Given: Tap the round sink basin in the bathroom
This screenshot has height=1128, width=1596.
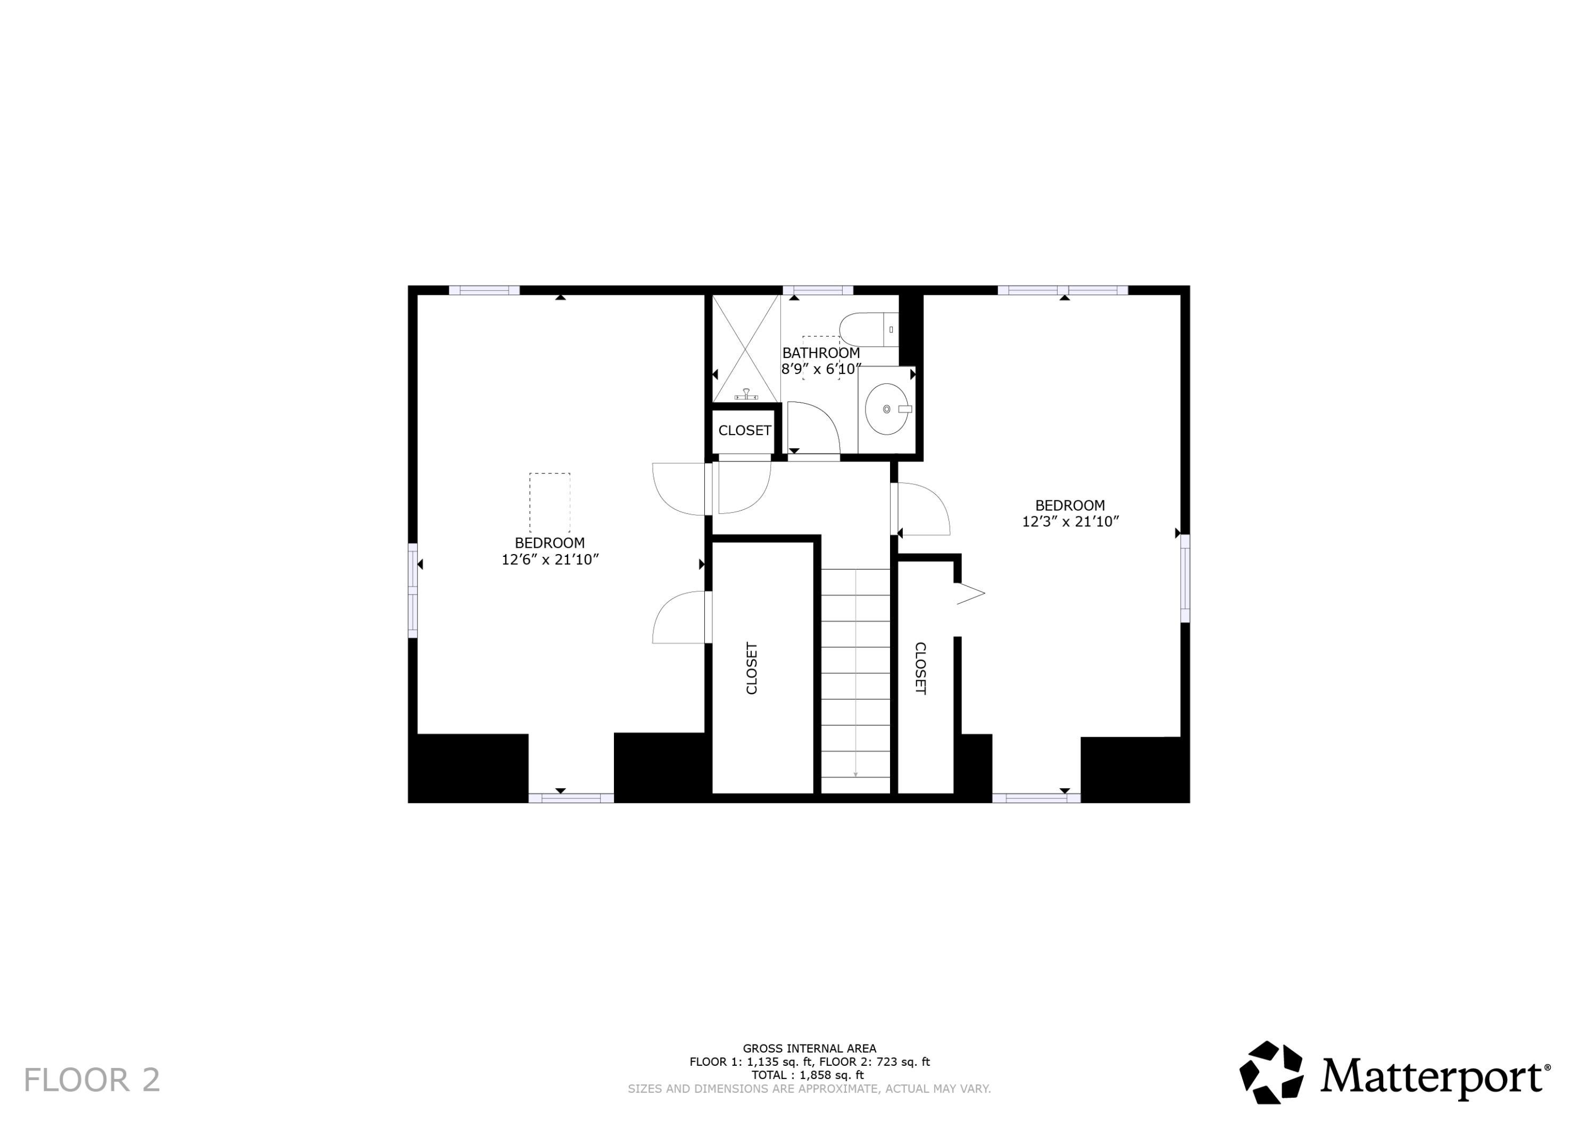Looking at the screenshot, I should click(x=886, y=410).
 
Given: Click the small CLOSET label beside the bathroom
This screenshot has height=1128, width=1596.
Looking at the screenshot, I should click(x=744, y=431).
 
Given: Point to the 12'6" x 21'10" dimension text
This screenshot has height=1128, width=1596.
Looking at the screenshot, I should click(x=550, y=560).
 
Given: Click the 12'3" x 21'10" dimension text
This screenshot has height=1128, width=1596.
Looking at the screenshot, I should click(x=1070, y=522).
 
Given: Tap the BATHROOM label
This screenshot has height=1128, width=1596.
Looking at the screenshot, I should click(x=821, y=353).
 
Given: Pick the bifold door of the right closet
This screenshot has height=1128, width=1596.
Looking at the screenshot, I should click(x=970, y=594).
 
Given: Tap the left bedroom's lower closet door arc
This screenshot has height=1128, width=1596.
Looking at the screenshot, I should click(x=678, y=617).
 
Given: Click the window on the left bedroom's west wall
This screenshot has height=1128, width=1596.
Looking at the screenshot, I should click(x=412, y=590).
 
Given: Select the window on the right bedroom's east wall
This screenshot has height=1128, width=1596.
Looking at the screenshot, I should click(x=1185, y=578).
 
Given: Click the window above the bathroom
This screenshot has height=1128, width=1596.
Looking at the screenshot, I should click(x=818, y=290).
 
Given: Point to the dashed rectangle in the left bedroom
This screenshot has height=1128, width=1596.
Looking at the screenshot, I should click(x=550, y=503).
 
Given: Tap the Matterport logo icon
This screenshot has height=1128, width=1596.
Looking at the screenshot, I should click(x=1271, y=1072).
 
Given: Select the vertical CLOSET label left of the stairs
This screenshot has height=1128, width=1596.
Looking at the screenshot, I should click(x=751, y=668).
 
